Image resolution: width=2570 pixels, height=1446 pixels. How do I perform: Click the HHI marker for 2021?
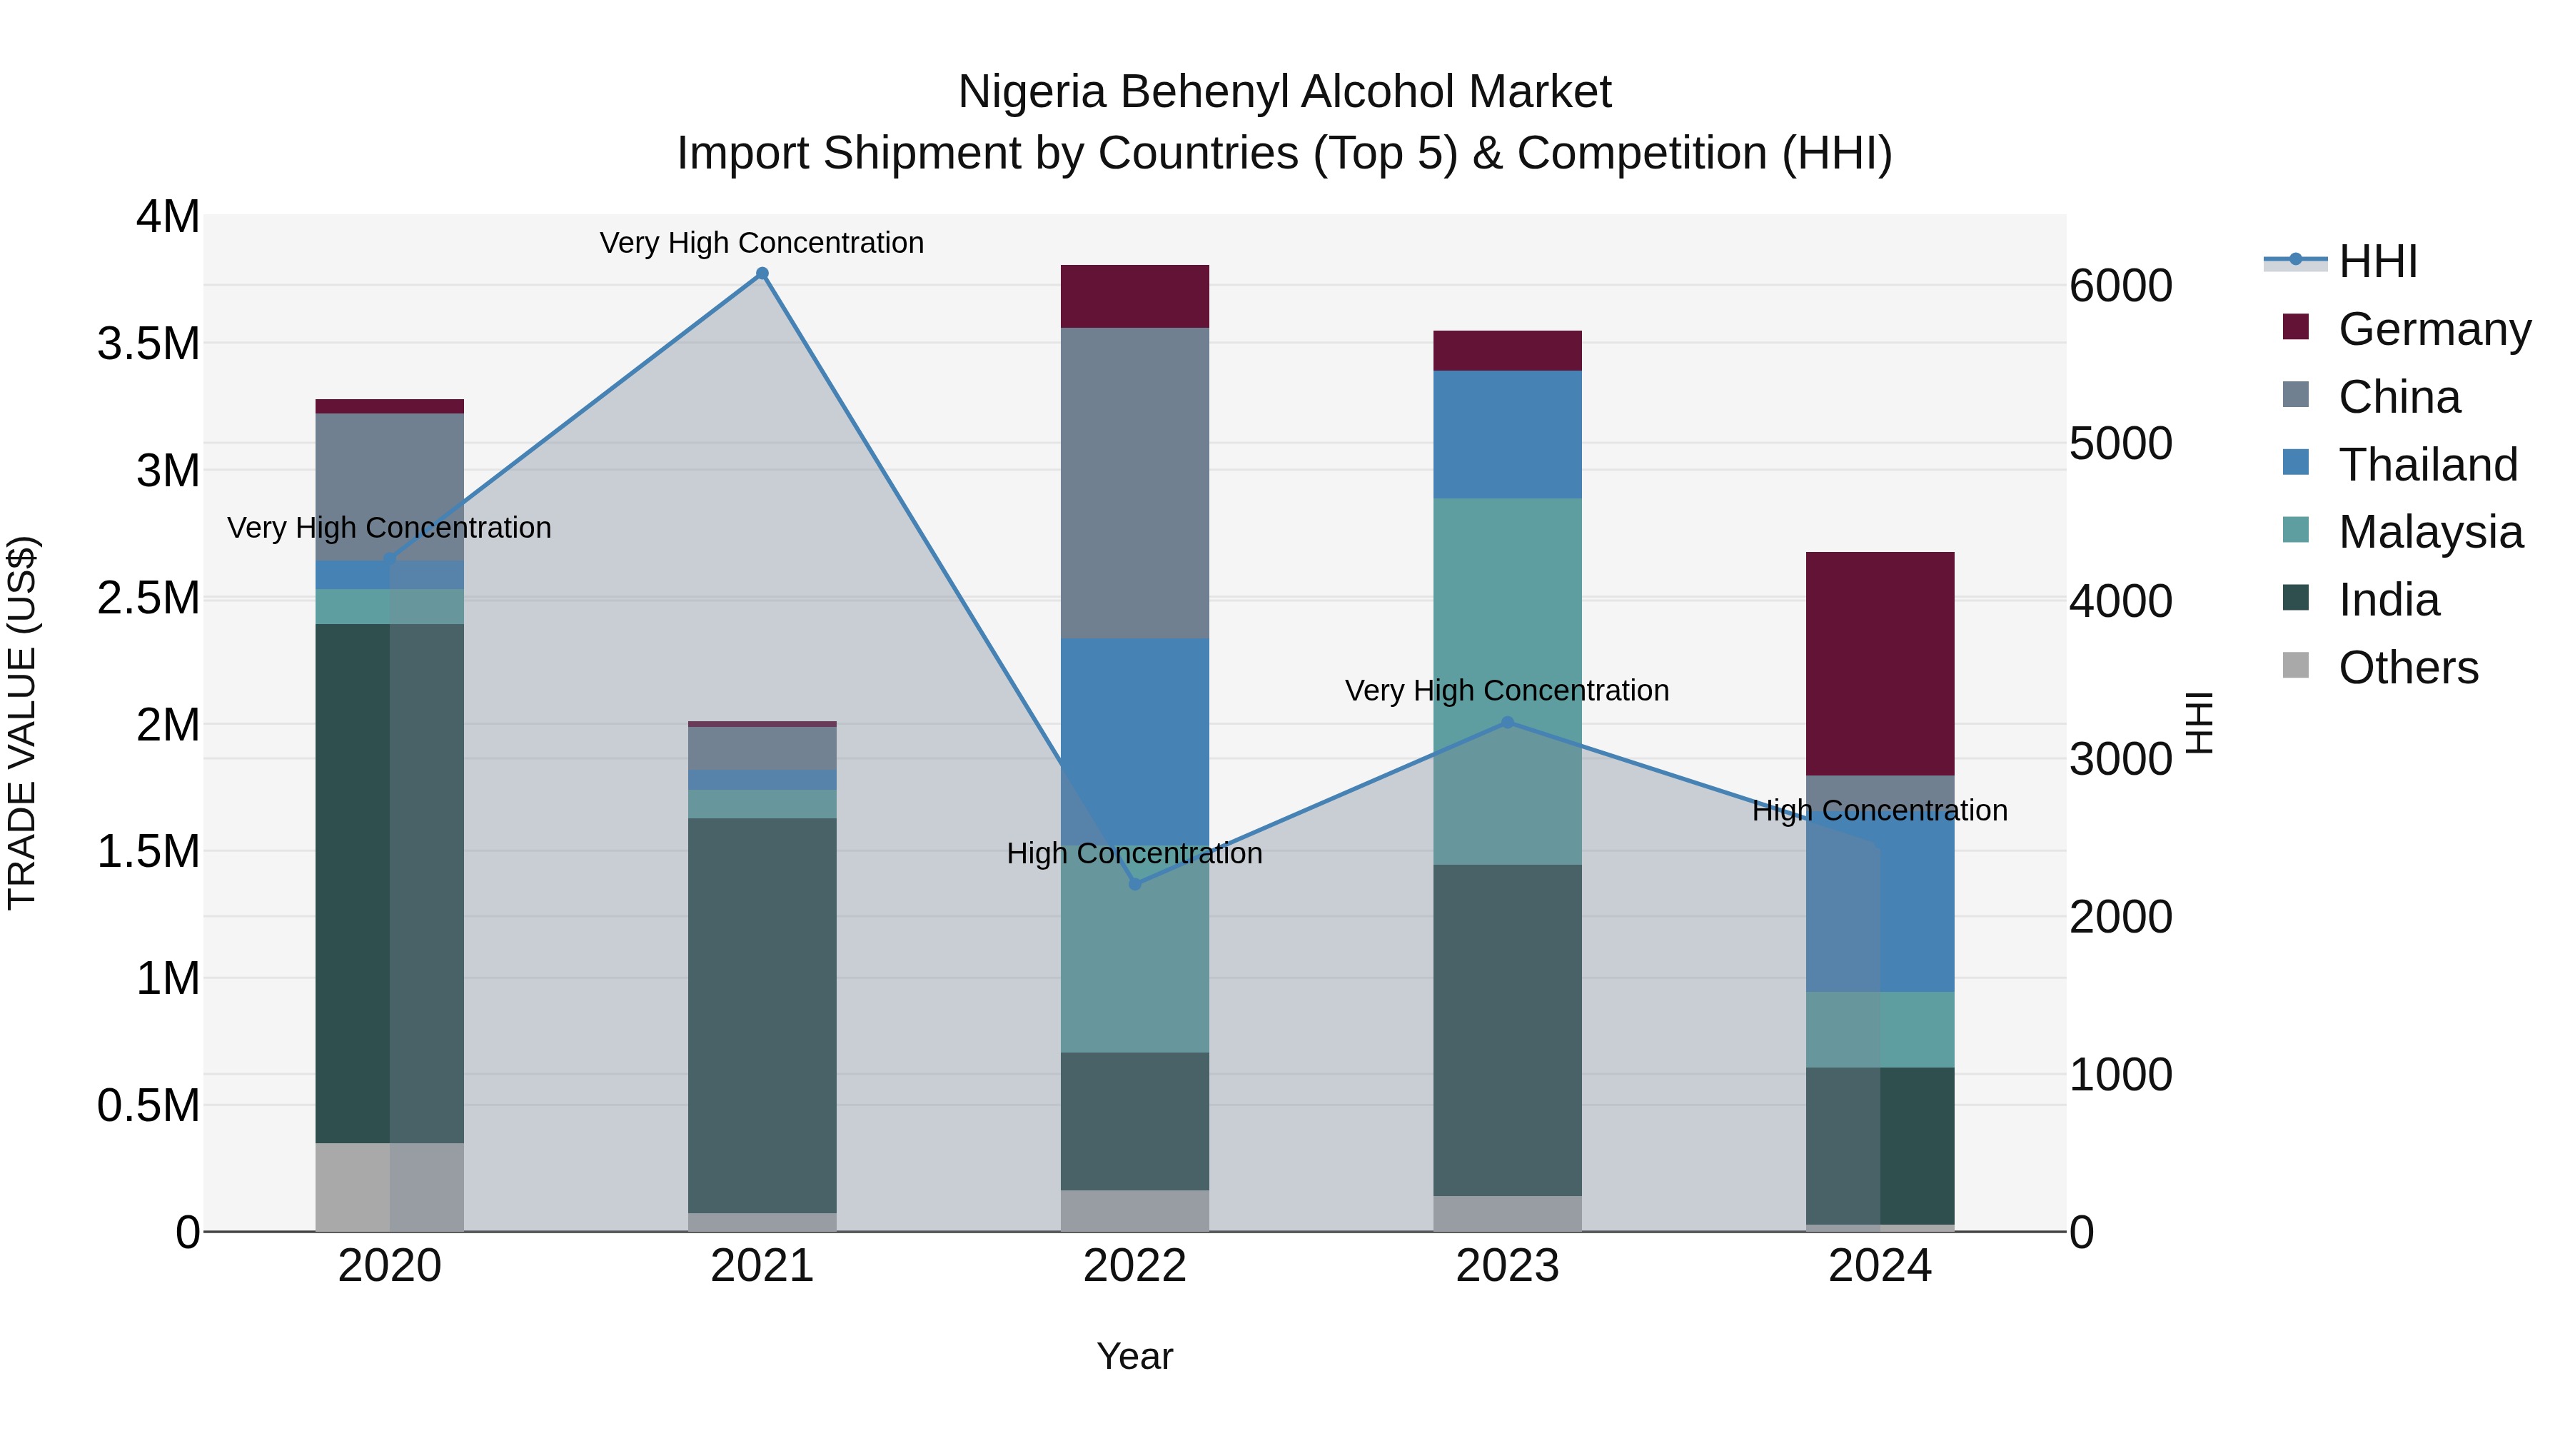point(762,273)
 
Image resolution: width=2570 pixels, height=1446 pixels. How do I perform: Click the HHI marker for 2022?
point(1134,884)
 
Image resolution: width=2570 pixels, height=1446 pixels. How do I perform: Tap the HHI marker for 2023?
point(1508,723)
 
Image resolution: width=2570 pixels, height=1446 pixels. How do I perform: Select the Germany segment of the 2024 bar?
point(1880,663)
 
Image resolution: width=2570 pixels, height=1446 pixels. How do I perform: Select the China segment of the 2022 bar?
point(1134,483)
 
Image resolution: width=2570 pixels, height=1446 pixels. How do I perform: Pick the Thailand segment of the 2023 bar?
point(1508,434)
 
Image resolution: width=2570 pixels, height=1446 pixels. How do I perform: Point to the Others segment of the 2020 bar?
point(389,1187)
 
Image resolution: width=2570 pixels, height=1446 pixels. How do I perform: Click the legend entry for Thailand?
point(2427,465)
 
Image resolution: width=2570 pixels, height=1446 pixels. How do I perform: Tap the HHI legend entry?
point(2377,261)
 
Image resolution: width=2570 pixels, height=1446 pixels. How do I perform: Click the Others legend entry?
point(2407,668)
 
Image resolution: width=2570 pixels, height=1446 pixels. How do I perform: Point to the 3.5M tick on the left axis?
point(148,343)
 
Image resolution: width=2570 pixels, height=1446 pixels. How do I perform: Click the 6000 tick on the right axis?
point(2120,286)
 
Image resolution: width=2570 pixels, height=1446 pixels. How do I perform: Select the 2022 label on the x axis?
point(1134,1266)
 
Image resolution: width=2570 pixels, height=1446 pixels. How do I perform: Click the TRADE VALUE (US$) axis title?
point(22,723)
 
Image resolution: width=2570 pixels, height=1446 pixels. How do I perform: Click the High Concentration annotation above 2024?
point(1880,810)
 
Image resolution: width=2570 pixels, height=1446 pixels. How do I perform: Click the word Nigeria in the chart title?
point(1032,93)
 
